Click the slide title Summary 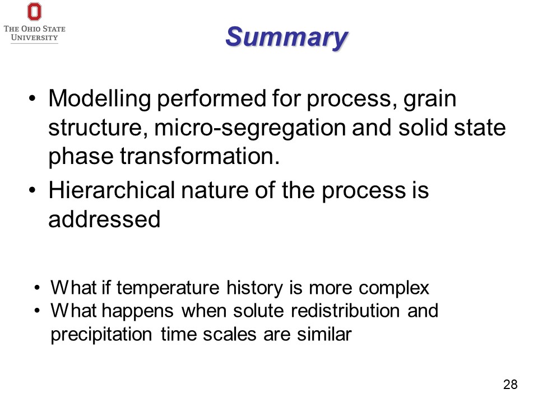point(287,37)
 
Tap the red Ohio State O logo point(34,12)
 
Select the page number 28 point(510,385)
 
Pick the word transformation point(200,156)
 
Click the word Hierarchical point(112,190)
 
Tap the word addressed point(104,219)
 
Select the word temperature point(168,288)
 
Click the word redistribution point(345,311)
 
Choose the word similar point(324,334)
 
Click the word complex point(394,288)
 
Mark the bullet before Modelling point(33,99)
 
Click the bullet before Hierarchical point(33,190)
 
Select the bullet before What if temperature point(37,288)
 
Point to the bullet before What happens point(37,311)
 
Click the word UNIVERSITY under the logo point(34,38)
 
